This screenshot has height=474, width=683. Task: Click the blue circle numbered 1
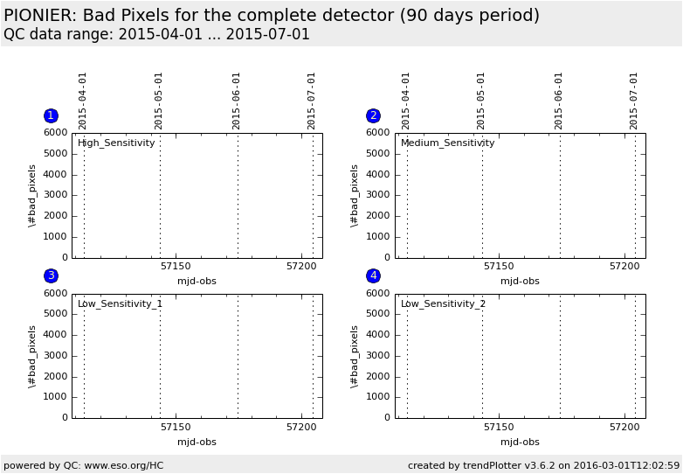pos(51,115)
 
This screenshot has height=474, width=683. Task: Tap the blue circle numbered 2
pos(373,115)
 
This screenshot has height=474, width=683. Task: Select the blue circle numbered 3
pos(51,275)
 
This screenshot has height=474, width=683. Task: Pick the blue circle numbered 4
pos(373,275)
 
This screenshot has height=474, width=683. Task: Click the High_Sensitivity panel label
pos(116,143)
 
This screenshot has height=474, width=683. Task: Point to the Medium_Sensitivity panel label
pos(448,143)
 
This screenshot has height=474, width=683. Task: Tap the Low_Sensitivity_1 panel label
pos(120,303)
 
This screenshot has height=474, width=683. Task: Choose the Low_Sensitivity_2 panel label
pos(443,303)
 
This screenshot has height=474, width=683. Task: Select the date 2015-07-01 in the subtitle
pos(268,34)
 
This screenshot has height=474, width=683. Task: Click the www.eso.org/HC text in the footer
pos(124,466)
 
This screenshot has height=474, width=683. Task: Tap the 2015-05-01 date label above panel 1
pos(158,101)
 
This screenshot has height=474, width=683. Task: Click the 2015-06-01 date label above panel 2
pos(558,101)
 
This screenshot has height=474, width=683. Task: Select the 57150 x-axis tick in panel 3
pos(176,427)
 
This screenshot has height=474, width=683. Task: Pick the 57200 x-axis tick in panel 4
pos(624,427)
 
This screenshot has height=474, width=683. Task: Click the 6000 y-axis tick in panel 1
pos(56,133)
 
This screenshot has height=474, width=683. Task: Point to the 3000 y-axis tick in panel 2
pos(378,195)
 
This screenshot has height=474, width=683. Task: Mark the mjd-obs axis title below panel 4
pos(520,443)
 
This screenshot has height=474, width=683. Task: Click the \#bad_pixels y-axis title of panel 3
pos(31,357)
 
